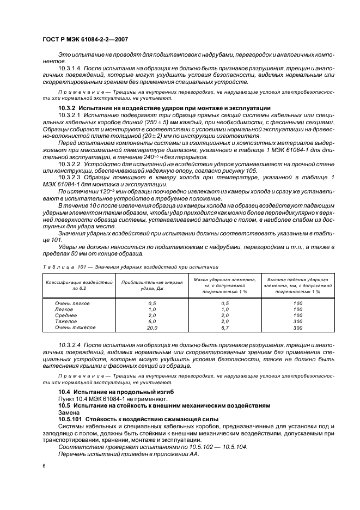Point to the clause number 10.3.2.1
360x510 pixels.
coord(69,116)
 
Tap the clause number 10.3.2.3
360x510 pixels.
coord(69,178)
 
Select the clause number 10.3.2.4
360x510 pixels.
coord(69,346)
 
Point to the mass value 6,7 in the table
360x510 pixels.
coord(225,328)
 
